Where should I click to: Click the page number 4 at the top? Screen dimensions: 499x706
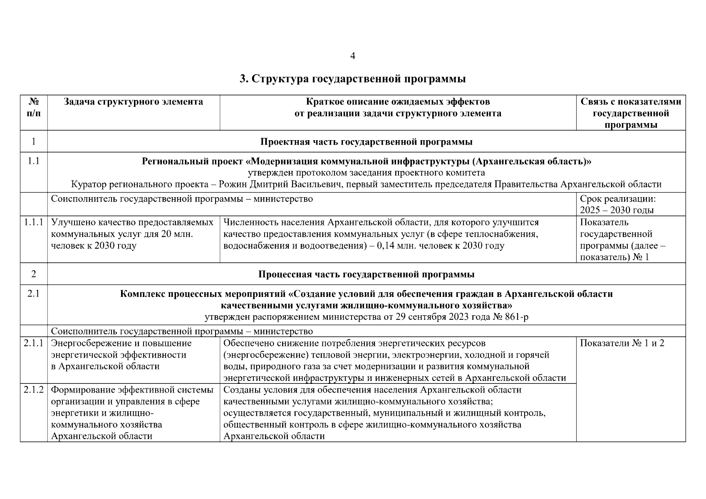click(x=353, y=56)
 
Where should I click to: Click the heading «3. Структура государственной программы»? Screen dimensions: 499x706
click(x=353, y=79)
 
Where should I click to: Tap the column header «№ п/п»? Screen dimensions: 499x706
click(x=34, y=108)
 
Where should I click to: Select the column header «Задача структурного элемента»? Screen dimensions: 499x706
click(x=133, y=102)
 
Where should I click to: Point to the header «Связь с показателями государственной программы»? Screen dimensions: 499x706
click(x=631, y=113)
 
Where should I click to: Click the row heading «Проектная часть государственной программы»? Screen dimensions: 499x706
click(x=366, y=142)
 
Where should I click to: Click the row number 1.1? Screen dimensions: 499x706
click(x=34, y=161)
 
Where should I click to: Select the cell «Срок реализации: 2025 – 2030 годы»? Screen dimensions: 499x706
click(x=618, y=204)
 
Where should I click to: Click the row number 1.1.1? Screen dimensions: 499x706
click(x=34, y=222)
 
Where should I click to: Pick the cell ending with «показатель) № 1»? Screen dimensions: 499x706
click(x=622, y=240)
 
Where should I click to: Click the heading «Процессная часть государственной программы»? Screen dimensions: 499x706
click(x=366, y=274)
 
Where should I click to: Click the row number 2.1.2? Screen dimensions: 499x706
click(x=34, y=390)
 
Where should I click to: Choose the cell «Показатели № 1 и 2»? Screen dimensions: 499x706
click(x=622, y=343)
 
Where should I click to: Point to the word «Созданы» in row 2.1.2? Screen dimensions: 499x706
click(x=239, y=390)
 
